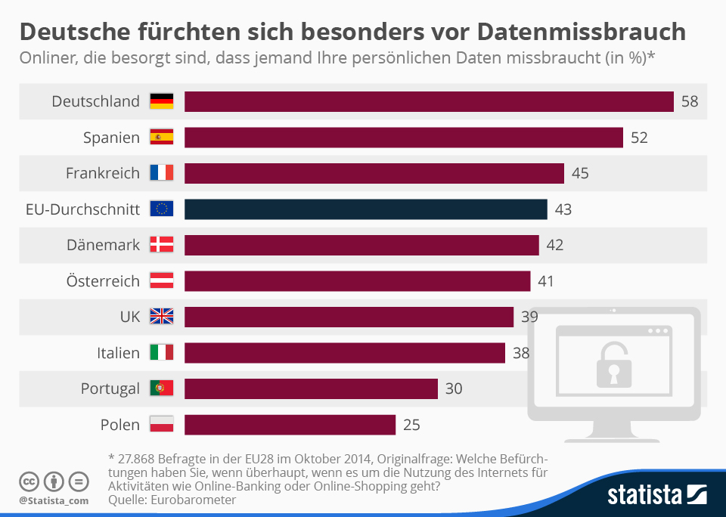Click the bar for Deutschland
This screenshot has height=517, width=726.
click(x=429, y=101)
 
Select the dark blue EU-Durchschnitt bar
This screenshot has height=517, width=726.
click(x=365, y=209)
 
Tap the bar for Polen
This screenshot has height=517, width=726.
click(x=290, y=425)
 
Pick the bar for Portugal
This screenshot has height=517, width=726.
click(x=311, y=389)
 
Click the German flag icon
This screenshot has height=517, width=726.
click(x=162, y=101)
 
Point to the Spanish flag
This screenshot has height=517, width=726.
click(x=162, y=138)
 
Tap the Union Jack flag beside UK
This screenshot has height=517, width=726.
click(x=162, y=317)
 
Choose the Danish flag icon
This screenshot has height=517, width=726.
click(x=162, y=245)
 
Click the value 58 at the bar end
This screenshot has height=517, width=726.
click(x=689, y=101)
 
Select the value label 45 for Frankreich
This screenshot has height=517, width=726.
click(x=580, y=173)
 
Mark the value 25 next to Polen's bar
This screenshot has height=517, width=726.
click(x=411, y=425)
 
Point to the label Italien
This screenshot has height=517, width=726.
click(x=118, y=353)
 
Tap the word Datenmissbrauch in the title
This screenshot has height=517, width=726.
click(x=582, y=32)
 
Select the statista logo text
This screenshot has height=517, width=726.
click(x=644, y=496)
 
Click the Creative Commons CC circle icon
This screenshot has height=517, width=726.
click(x=29, y=481)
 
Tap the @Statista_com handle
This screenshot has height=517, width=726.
click(x=54, y=500)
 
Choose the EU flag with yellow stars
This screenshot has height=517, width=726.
click(x=162, y=209)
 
